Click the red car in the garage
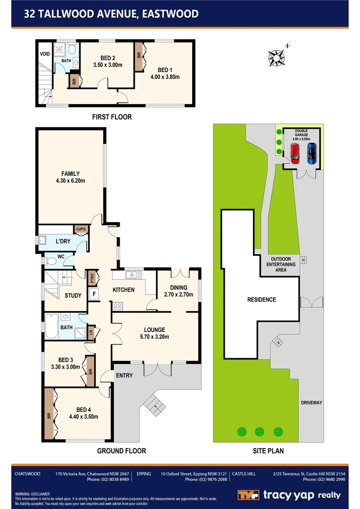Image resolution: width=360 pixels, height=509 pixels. point(295,153)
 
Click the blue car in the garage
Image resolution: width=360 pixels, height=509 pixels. point(311,153)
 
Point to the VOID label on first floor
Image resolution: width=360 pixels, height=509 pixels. point(45,54)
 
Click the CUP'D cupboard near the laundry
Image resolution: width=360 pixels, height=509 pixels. point(81,229)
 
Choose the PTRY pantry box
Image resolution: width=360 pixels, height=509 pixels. point(92,278)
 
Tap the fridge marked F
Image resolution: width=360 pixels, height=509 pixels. point(94,294)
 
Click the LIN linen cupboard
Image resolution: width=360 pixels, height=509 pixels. point(91,334)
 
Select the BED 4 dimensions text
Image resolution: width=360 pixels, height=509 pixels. point(83,416)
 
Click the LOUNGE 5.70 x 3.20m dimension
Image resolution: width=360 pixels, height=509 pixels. point(155,337)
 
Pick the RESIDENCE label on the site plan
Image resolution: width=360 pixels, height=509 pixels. point(262,300)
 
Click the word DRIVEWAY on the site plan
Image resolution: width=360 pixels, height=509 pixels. point(311,402)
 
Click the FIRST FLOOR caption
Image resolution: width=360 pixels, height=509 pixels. point(112,117)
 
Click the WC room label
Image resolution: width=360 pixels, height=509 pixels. point(61,257)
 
